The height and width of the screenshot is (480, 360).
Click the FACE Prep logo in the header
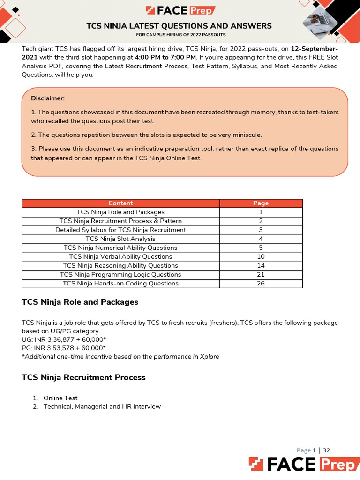tap(180, 10)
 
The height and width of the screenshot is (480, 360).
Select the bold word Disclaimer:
tap(48, 98)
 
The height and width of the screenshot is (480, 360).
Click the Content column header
tap(120, 203)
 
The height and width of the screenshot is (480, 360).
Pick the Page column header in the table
tap(261, 203)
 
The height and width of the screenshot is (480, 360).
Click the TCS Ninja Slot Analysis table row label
tap(120, 239)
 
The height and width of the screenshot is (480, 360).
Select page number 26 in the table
tap(261, 283)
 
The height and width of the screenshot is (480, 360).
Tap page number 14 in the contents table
tap(261, 265)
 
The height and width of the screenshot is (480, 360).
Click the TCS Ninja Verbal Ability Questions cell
tap(120, 256)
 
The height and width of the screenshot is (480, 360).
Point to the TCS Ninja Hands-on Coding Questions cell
tap(120, 283)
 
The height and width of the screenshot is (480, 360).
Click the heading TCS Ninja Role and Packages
tap(80, 302)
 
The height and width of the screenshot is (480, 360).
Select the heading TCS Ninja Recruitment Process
tap(84, 377)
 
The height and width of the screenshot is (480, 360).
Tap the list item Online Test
tap(60, 398)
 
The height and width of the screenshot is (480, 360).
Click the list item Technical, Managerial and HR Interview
tap(102, 406)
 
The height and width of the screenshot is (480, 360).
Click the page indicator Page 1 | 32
tap(313, 450)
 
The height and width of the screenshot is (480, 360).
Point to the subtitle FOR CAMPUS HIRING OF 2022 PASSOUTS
tap(180, 35)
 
